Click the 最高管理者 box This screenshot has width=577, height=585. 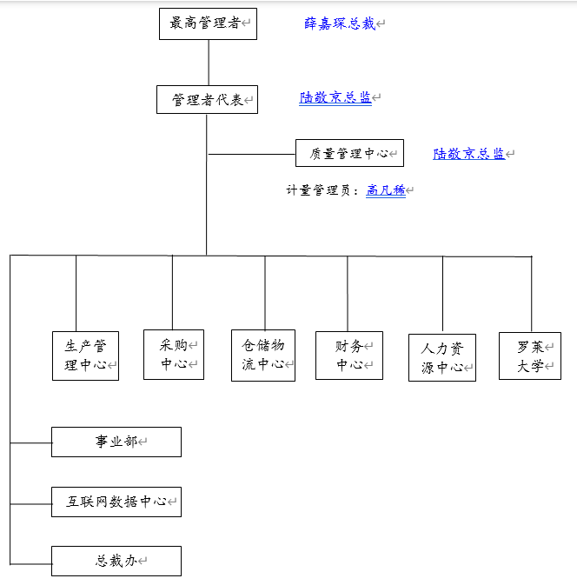(x=209, y=23)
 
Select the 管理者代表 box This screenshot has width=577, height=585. (x=207, y=100)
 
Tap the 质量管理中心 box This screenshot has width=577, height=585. (x=349, y=153)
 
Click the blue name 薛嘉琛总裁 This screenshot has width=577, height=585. (x=340, y=23)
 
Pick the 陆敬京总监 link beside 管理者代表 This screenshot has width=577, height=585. (x=335, y=98)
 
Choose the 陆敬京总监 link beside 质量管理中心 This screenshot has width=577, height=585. (x=469, y=154)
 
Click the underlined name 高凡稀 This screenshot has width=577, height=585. (x=386, y=189)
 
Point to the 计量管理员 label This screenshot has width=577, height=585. (x=322, y=190)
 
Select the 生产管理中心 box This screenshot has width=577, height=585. (x=85, y=356)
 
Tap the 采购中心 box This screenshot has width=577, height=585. (x=174, y=355)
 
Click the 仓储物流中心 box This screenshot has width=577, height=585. (x=263, y=355)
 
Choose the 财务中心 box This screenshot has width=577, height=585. (x=349, y=356)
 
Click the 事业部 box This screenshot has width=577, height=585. (x=116, y=442)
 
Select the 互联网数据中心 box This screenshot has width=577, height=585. (x=116, y=502)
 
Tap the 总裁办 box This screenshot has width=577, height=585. (x=116, y=561)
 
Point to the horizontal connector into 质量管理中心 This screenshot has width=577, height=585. (x=251, y=154)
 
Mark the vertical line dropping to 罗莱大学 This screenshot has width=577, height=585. (x=531, y=294)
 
